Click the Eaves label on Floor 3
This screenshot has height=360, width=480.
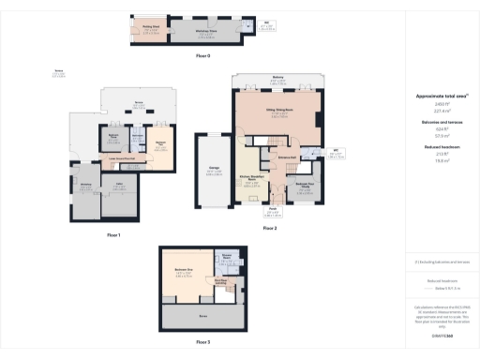coord(202,316)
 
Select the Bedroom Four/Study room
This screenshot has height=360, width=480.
coord(304,185)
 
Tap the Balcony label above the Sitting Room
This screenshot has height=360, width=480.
coord(277,78)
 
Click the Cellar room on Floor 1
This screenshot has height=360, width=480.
coord(119,186)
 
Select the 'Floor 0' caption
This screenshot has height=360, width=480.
coord(203,57)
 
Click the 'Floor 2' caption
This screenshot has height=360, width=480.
coord(270,228)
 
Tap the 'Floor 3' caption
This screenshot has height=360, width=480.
coord(203,342)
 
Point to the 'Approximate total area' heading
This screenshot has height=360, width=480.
coord(434,96)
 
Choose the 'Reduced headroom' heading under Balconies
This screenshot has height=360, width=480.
coord(434,148)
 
